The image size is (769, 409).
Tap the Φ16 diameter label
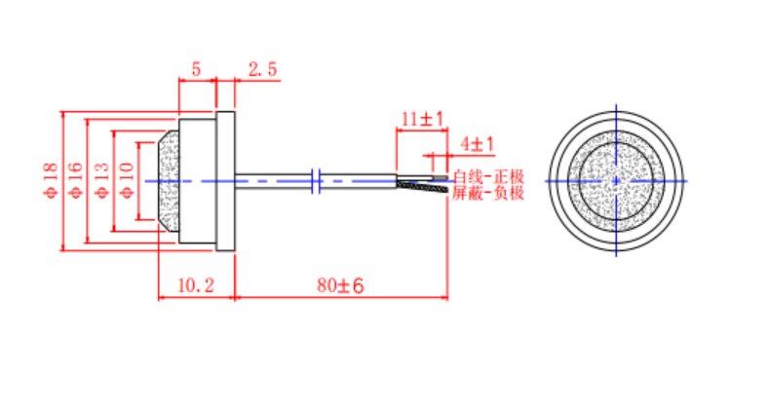[76, 181]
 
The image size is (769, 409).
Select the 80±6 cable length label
[340, 286]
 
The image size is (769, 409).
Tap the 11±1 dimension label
[422, 119]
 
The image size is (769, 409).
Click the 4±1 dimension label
[477, 144]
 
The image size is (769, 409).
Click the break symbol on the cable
[316, 179]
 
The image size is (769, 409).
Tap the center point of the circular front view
[617, 180]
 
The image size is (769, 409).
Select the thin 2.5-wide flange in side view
[226, 181]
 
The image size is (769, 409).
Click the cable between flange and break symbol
[273, 179]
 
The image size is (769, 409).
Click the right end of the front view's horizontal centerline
[686, 180]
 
